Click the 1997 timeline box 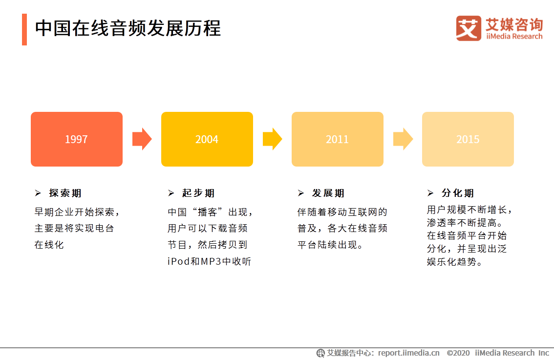[x=77, y=139]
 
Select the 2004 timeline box [x=207, y=139]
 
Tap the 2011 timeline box [x=338, y=139]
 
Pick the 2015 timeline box [x=468, y=139]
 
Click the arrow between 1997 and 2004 [x=142, y=139]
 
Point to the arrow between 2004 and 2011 [x=272, y=139]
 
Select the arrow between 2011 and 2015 [x=403, y=139]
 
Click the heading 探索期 [x=65, y=193]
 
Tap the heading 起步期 [x=198, y=193]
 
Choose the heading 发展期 [x=328, y=193]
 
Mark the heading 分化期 [x=458, y=193]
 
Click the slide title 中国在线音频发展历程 [x=128, y=28]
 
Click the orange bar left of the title [x=24, y=29]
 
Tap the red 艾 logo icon [x=469, y=28]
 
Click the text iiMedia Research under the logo [x=514, y=37]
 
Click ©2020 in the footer [x=458, y=353]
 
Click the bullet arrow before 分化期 [x=430, y=193]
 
